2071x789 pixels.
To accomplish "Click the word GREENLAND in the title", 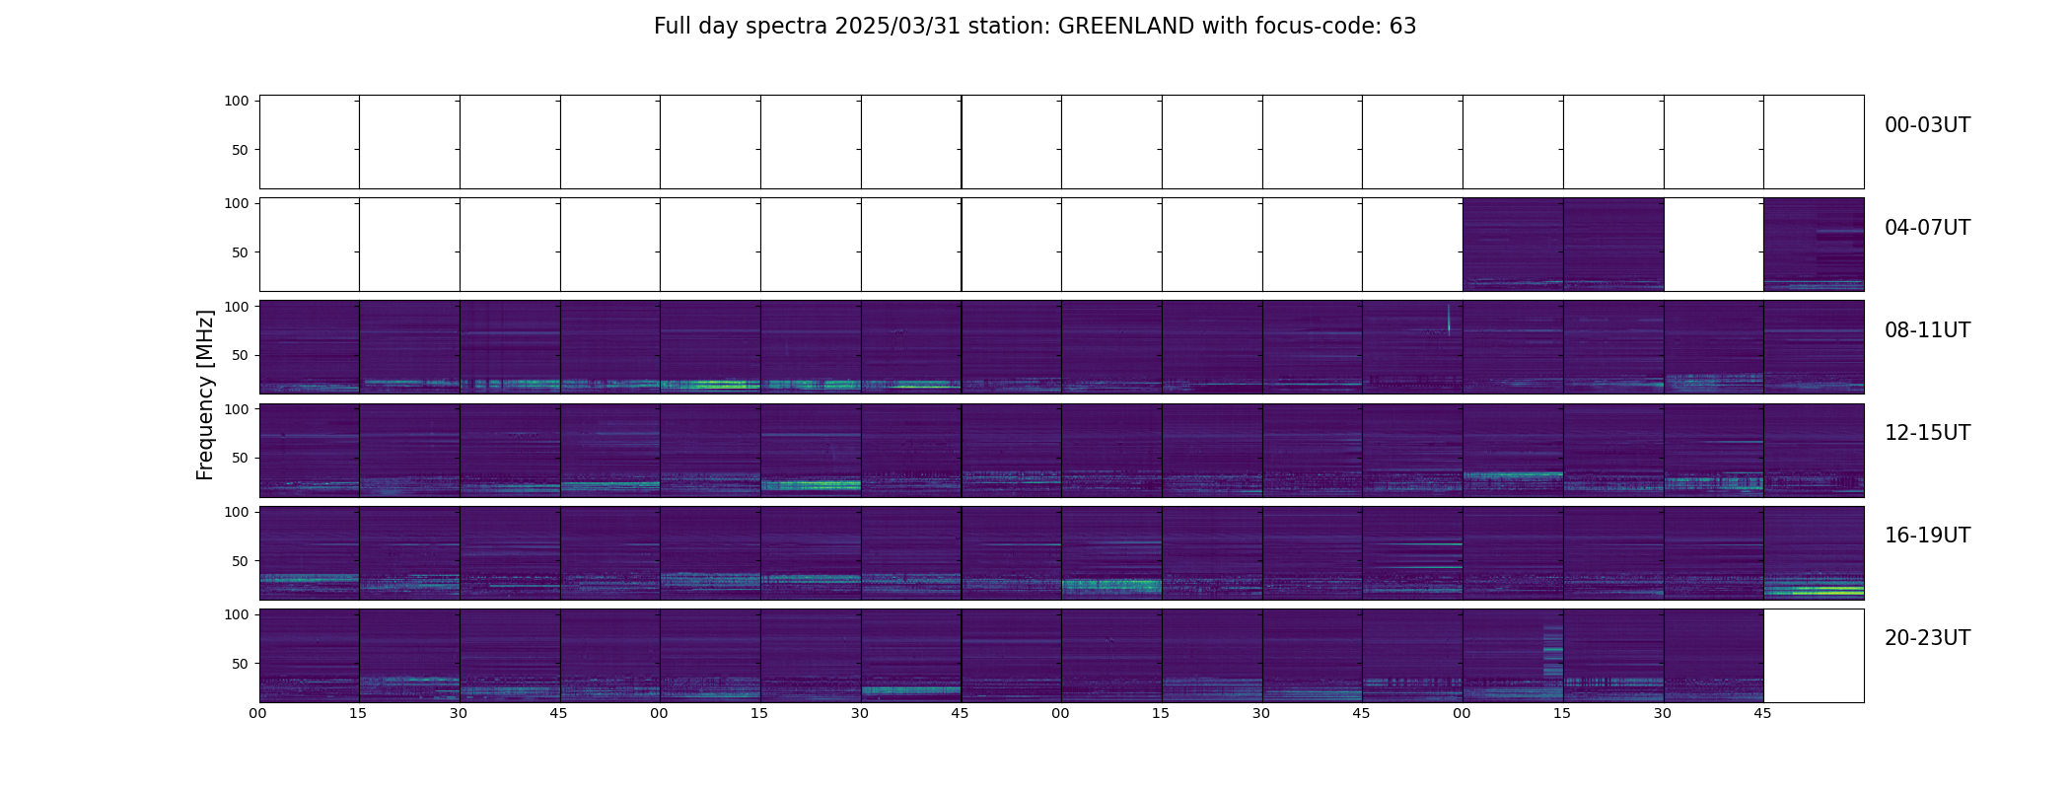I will (1125, 27).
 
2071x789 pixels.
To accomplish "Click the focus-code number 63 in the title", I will (1402, 27).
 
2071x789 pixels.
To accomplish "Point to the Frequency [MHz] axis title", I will (205, 394).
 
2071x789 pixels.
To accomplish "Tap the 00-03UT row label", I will (1927, 125).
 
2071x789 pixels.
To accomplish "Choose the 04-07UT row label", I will (1927, 228).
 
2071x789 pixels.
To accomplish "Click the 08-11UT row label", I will (1927, 330).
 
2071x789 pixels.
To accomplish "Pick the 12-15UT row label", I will (1927, 433).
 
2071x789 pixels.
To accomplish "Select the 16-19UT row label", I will (1927, 536).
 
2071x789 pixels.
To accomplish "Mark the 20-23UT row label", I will (1927, 638).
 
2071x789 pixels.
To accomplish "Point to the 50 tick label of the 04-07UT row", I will (241, 252).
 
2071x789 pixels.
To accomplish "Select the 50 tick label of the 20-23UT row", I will (241, 664).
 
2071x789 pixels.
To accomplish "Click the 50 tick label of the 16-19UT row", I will (241, 561).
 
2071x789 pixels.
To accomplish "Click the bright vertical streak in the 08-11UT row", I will (1448, 320).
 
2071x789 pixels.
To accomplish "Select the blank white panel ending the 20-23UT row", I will (1813, 656).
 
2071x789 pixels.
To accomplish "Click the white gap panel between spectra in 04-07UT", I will (1713, 245).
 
